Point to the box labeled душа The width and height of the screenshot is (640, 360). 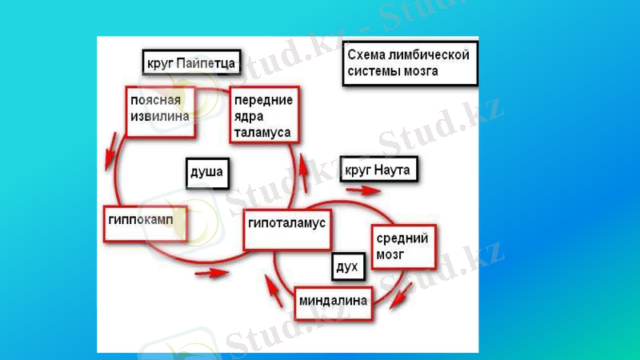(205, 170)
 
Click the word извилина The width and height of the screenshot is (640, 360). (160, 117)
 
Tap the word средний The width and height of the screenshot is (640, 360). (404, 238)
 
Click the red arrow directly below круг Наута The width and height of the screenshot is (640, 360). (364, 190)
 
